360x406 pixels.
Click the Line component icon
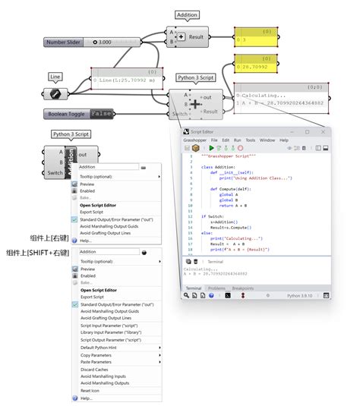55,94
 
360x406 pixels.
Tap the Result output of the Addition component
196,36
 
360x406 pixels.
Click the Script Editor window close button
323,132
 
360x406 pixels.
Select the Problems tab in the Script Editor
217,288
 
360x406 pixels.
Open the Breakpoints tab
243,288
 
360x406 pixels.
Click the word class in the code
207,167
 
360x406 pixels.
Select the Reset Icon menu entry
90,391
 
